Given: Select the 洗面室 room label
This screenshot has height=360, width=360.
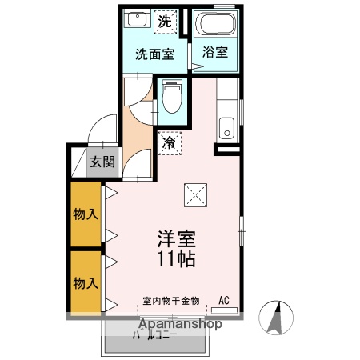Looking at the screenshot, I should (x=154, y=54).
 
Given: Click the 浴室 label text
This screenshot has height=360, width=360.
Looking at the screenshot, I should (x=214, y=54).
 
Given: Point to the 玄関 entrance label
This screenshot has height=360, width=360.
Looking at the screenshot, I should (x=102, y=162).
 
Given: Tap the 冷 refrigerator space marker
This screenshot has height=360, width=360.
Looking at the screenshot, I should (x=170, y=143).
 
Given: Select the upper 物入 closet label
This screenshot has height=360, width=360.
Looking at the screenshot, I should (x=86, y=214).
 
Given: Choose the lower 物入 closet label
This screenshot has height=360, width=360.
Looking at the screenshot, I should (x=86, y=282).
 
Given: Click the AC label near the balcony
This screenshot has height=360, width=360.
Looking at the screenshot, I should (x=224, y=301).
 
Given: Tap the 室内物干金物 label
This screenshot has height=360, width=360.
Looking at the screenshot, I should (x=170, y=301).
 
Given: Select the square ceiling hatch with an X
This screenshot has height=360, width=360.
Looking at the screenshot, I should (x=194, y=193).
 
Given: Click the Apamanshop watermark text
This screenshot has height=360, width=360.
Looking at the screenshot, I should (x=181, y=325).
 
